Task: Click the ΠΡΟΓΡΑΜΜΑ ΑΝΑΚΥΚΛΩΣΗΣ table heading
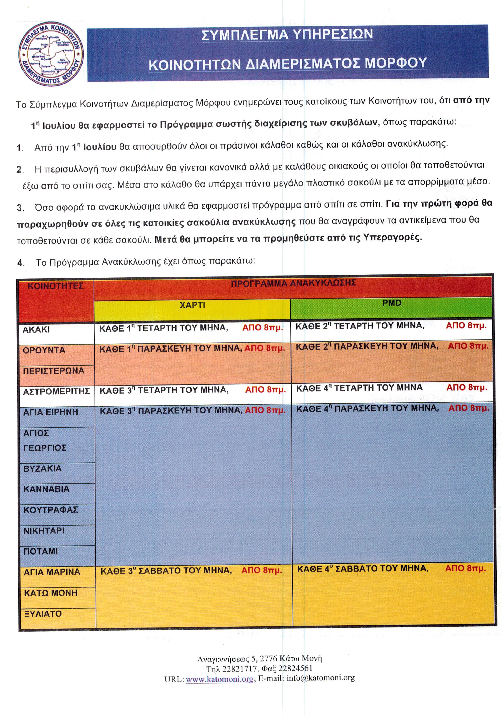(293, 283)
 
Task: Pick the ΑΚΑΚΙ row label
(36, 330)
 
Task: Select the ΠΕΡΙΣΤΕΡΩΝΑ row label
(53, 371)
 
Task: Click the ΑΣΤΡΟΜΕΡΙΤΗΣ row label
(56, 391)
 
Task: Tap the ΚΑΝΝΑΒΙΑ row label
(46, 489)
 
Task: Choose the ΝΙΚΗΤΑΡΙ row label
(44, 531)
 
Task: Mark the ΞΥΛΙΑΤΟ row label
(43, 614)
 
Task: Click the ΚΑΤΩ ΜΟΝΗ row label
(50, 593)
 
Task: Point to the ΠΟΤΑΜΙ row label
(41, 551)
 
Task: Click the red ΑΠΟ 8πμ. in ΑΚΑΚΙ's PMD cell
(466, 325)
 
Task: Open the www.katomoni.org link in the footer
(219, 678)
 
